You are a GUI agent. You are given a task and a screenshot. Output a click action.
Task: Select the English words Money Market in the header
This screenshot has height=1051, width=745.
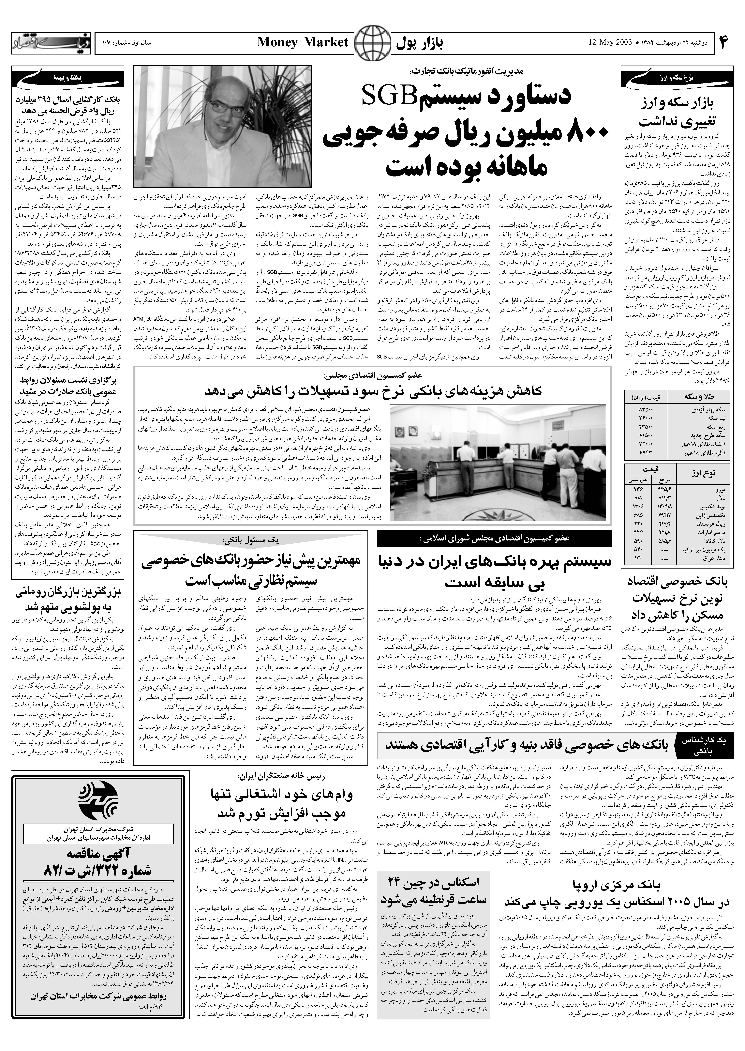coord(303,43)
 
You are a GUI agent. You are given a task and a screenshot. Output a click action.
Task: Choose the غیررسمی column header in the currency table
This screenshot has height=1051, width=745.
coord(638,480)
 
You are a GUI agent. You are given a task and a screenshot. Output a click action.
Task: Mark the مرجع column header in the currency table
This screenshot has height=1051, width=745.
coord(665,480)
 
